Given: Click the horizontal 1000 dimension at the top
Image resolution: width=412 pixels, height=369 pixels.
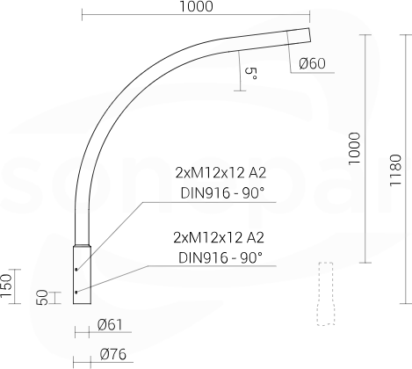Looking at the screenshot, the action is (196, 6).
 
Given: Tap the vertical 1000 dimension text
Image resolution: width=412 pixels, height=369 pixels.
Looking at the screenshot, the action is (354, 148).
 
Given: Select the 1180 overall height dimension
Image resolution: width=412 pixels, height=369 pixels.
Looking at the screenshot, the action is (395, 170).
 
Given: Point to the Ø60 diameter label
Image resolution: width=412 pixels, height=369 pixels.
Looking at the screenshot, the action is (312, 63).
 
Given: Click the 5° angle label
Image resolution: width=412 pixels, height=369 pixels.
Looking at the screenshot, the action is (251, 74).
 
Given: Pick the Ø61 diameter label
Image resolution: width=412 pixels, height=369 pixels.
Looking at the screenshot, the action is (110, 325).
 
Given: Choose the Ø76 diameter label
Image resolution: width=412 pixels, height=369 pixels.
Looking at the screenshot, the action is (113, 354).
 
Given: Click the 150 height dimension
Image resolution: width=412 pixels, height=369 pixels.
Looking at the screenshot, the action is (6, 286).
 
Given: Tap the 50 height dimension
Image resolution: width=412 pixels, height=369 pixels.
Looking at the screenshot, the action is (42, 298).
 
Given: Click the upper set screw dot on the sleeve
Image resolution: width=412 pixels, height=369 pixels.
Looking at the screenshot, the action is (76, 269).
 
